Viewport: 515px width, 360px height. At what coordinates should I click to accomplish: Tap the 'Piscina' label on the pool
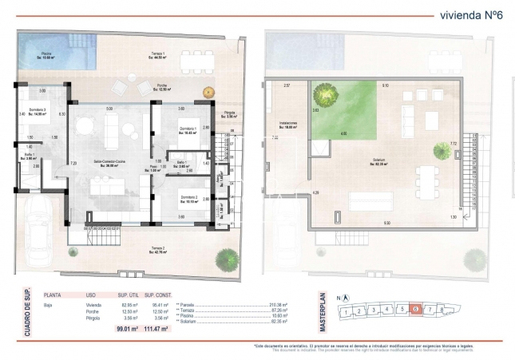coord(47,56)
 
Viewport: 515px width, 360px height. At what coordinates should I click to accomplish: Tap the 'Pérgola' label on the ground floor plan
coord(230,113)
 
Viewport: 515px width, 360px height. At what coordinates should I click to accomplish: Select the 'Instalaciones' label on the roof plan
coord(288,124)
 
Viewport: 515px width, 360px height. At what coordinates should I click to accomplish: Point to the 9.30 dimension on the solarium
coord(387,223)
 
